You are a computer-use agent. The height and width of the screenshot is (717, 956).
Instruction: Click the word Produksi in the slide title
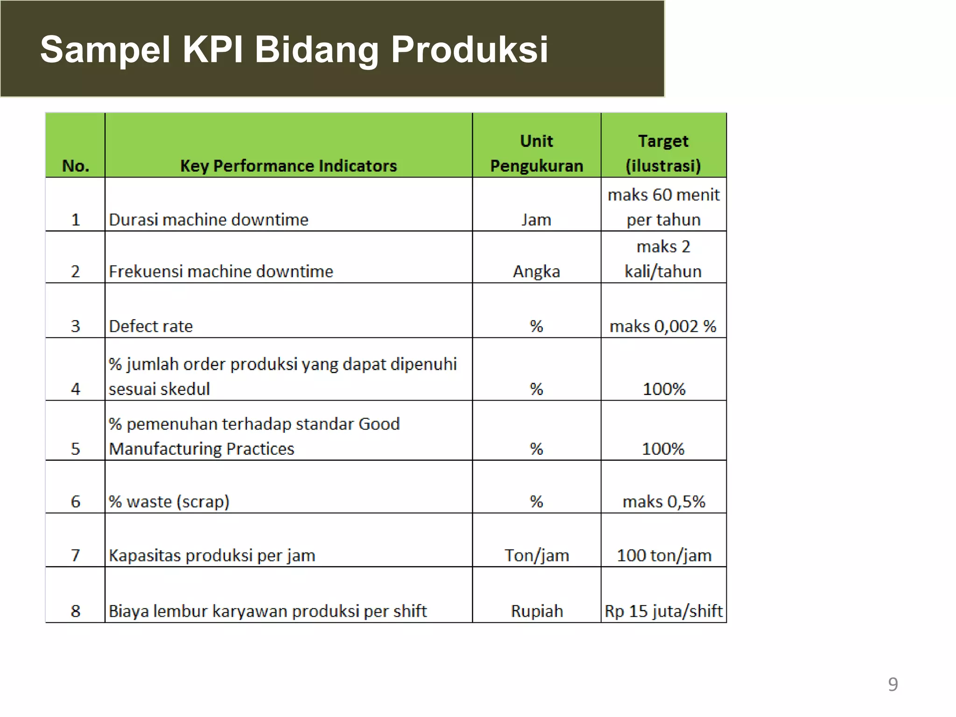pyautogui.click(x=469, y=49)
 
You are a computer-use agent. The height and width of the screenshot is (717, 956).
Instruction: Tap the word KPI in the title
pyautogui.click(x=212, y=49)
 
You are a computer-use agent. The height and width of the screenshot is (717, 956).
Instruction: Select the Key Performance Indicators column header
pyautogui.click(x=288, y=166)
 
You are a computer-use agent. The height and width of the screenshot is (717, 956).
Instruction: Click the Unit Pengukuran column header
pyautogui.click(x=536, y=153)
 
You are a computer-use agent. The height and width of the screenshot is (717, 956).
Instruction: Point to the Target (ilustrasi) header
pyautogui.click(x=663, y=153)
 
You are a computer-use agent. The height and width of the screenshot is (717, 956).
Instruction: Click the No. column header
pyautogui.click(x=76, y=166)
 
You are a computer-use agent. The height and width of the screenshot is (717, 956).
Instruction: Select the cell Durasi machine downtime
pyautogui.click(x=209, y=219)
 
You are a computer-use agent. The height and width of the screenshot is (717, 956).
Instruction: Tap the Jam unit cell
pyautogui.click(x=536, y=219)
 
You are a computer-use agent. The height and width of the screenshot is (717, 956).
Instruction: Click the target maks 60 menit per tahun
pyautogui.click(x=663, y=207)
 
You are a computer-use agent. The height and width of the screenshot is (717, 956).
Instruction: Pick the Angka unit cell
pyautogui.click(x=536, y=271)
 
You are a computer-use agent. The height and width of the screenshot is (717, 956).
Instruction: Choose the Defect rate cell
pyautogui.click(x=151, y=326)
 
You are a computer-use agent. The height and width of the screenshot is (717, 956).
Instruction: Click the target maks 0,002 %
pyautogui.click(x=663, y=326)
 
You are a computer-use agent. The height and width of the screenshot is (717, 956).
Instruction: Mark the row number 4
pyautogui.click(x=76, y=389)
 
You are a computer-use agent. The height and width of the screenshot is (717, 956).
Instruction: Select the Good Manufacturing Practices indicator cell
pyautogui.click(x=254, y=436)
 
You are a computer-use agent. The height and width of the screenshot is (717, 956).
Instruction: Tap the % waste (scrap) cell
pyautogui.click(x=169, y=501)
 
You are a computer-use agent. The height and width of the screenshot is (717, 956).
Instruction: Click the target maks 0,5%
pyautogui.click(x=663, y=501)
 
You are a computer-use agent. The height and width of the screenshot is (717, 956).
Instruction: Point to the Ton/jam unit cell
pyautogui.click(x=537, y=555)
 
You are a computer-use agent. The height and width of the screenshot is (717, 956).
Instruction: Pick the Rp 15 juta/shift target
pyautogui.click(x=663, y=611)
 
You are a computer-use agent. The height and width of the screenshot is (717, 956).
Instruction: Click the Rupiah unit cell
pyautogui.click(x=537, y=611)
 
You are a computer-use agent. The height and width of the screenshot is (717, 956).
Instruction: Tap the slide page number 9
pyautogui.click(x=893, y=684)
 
